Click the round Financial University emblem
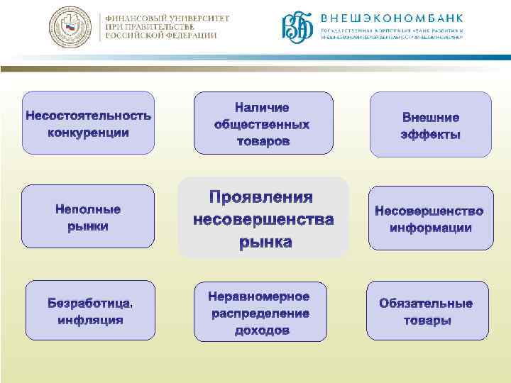(70, 27)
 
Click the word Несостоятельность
(88, 115)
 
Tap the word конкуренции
(88, 133)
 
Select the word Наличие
(262, 108)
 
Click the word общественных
(262, 125)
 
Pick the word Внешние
(430, 118)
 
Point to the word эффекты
(430, 135)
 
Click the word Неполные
(88, 209)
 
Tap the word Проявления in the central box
(261, 196)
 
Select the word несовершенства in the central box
(263, 219)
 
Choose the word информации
(430, 228)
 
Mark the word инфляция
(90, 320)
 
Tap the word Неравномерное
(259, 296)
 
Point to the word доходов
(262, 331)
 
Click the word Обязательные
(426, 304)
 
